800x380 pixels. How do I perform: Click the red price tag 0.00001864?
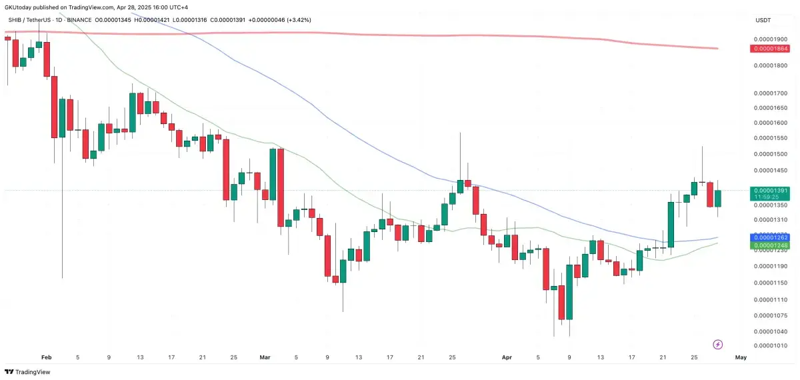(770, 49)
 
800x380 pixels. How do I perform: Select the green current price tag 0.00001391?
(770, 190)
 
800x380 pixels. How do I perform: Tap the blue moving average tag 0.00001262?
(770, 237)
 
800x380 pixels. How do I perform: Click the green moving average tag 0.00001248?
(770, 246)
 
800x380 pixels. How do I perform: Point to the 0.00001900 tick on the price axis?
(770, 39)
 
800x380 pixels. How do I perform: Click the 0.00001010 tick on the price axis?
(770, 345)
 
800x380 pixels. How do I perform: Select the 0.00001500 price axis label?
(770, 153)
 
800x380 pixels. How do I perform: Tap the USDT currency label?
(763, 21)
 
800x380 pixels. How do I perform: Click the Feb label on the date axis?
(46, 357)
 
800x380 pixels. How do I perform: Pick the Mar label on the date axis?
(265, 357)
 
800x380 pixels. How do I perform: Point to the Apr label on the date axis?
(505, 357)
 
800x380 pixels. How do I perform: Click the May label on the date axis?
(740, 357)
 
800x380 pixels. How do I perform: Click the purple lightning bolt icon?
(718, 344)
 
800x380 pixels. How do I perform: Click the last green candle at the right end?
(717, 198)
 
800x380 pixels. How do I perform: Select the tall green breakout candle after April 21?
(671, 223)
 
